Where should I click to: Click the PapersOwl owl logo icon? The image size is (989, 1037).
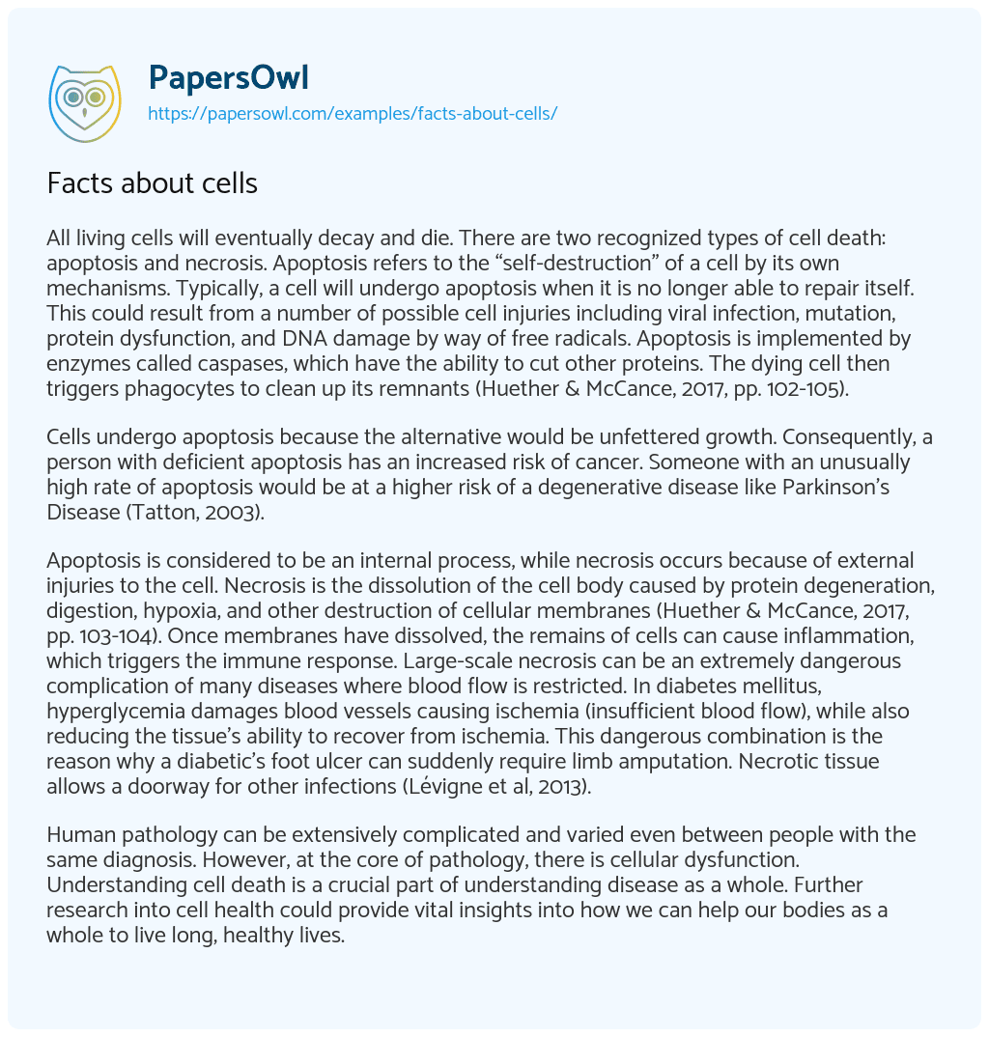(84, 98)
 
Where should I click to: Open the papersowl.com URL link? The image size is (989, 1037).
(352, 114)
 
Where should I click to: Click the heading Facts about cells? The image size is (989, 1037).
(153, 182)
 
